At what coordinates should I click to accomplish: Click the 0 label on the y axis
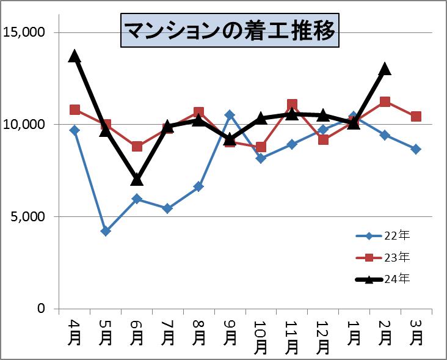42,309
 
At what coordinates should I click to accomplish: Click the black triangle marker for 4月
74,56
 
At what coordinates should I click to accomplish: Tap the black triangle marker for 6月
137,179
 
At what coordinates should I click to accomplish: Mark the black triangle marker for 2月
385,69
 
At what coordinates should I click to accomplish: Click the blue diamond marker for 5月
106,231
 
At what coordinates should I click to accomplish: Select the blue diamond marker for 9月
230,114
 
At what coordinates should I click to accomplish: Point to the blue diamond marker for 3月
416,149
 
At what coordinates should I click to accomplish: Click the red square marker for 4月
74,110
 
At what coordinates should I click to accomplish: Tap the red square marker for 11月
292,105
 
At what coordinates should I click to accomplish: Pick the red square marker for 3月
416,117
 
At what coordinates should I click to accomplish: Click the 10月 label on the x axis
261,337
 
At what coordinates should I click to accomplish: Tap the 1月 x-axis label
354,331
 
